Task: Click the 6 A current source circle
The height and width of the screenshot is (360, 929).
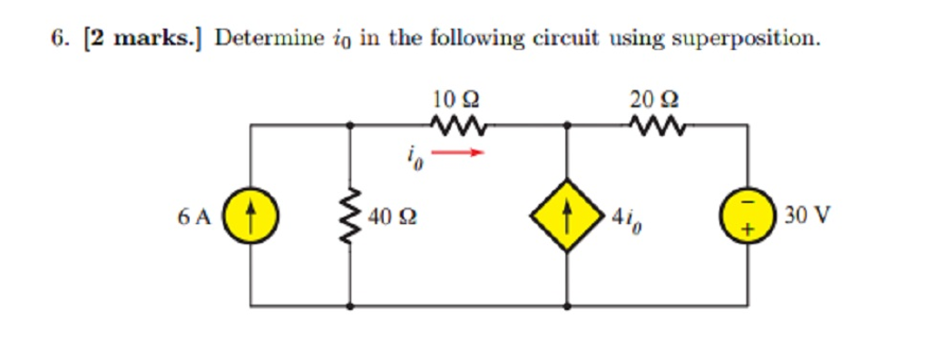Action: (249, 217)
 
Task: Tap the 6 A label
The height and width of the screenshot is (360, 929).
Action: (194, 218)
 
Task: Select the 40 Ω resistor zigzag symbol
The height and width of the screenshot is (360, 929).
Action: (350, 217)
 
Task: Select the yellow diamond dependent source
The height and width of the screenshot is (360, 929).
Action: (567, 219)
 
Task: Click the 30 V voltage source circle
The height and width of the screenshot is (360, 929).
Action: (748, 217)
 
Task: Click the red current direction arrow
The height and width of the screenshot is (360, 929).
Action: (458, 152)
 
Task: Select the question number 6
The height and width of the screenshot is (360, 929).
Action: (58, 39)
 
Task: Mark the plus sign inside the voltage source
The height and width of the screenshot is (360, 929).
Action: (748, 230)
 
